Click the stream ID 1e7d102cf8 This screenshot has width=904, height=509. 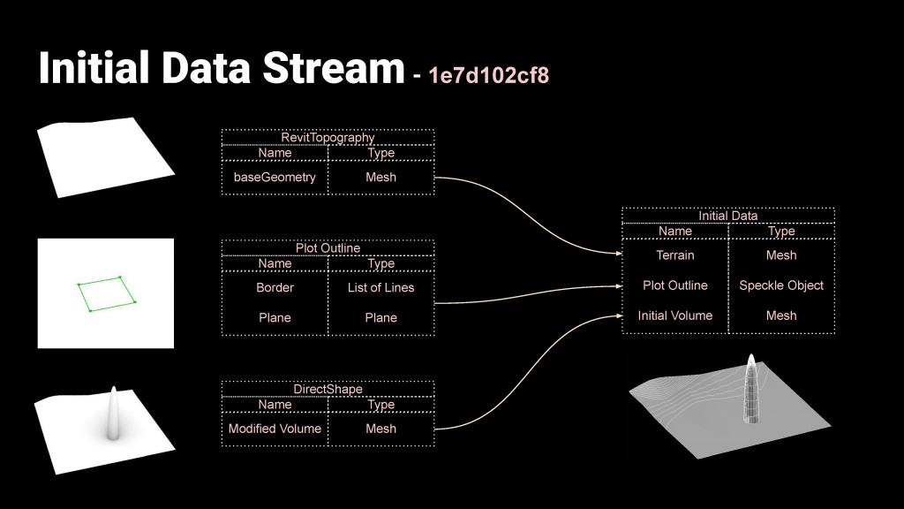click(x=488, y=75)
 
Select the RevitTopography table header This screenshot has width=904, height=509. click(x=328, y=137)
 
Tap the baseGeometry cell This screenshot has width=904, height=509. click(x=275, y=177)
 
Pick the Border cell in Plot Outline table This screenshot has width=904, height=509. click(x=275, y=287)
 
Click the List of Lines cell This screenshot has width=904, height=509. click(x=380, y=287)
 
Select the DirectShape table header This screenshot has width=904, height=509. click(x=328, y=389)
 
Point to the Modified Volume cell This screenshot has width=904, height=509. click(x=275, y=429)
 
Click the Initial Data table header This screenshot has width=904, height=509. click(x=727, y=216)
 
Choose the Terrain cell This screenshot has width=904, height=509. click(x=675, y=255)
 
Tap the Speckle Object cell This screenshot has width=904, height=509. click(x=781, y=285)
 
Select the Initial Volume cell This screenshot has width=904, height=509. click(x=675, y=315)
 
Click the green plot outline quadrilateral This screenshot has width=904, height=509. click(x=105, y=293)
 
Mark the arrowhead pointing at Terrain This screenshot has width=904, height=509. click(x=618, y=254)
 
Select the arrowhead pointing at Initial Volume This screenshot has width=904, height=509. click(x=618, y=315)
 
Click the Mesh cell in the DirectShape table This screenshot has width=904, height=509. click(x=380, y=429)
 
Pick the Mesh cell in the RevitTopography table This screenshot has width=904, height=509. click(x=380, y=177)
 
